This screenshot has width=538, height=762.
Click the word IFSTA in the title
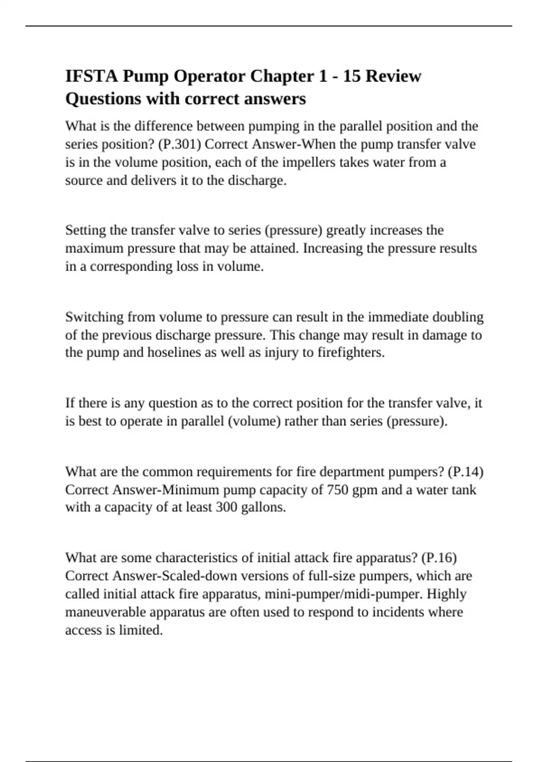pyautogui.click(x=92, y=76)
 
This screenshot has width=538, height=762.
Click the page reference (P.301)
pyautogui.click(x=179, y=144)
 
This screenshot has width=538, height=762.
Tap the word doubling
pyautogui.click(x=458, y=317)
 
